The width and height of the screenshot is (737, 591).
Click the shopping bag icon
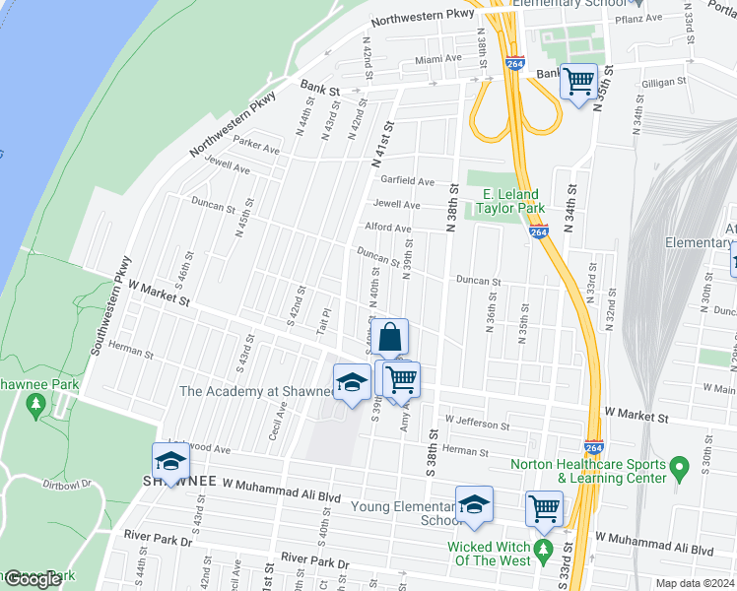(390, 337)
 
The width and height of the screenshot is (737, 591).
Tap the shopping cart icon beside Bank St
(578, 80)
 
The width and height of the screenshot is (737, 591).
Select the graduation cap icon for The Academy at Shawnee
(352, 383)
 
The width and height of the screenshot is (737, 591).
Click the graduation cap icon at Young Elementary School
(474, 504)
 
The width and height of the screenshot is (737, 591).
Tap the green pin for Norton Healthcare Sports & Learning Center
(679, 464)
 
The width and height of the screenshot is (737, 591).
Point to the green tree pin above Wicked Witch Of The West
(543, 546)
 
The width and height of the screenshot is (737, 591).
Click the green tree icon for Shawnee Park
(35, 404)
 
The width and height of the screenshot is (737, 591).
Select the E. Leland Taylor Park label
(510, 201)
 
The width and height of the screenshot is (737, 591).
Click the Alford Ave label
(388, 228)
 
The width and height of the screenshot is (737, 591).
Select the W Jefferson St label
(477, 424)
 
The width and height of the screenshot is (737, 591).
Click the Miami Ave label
(437, 59)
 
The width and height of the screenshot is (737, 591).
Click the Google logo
(33, 579)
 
